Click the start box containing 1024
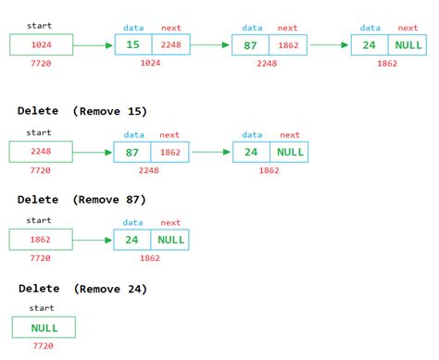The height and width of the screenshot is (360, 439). click(x=40, y=43)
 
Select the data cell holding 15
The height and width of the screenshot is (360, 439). click(x=132, y=43)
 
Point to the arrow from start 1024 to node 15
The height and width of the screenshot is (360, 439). click(x=93, y=43)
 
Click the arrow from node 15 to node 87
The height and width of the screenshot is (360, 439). click(x=213, y=43)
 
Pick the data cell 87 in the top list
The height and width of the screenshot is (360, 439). click(x=251, y=43)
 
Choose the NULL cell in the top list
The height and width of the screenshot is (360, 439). click(x=408, y=43)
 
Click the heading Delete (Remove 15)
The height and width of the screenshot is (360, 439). click(x=82, y=111)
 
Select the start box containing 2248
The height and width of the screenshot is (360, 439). click(x=40, y=152)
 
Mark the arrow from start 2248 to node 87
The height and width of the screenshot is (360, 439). click(x=93, y=152)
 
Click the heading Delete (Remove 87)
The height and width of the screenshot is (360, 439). click(x=82, y=200)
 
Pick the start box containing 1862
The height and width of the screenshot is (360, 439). click(x=40, y=241)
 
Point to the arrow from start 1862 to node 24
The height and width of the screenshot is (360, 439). click(x=93, y=241)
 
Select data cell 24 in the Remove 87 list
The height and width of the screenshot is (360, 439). click(x=132, y=241)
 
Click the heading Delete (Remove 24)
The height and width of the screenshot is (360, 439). click(x=82, y=289)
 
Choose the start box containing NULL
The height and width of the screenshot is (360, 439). click(x=44, y=327)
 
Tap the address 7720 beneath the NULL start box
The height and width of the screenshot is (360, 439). click(x=44, y=346)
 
